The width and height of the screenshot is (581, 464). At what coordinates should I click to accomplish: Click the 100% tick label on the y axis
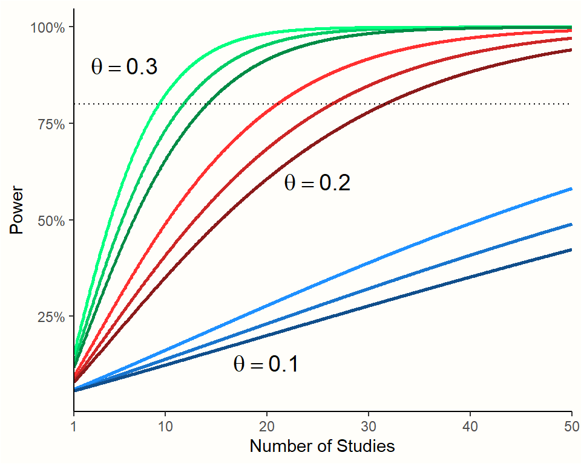click(48, 27)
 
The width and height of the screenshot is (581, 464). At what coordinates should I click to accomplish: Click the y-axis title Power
click(16, 211)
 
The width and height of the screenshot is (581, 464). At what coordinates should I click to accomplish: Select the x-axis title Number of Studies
click(322, 446)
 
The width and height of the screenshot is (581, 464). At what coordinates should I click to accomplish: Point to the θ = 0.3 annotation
click(124, 67)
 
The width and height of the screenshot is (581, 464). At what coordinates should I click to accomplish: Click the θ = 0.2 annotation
click(317, 184)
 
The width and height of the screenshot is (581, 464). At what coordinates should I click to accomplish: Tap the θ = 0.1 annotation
click(266, 364)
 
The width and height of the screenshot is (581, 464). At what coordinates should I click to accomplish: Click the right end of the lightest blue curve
click(571, 189)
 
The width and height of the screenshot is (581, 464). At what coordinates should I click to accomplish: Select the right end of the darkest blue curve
click(571, 250)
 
